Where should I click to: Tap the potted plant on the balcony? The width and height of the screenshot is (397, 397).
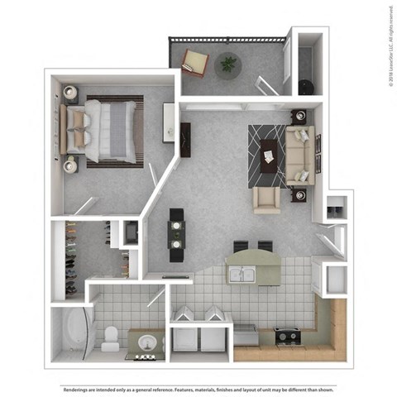pos(227,64)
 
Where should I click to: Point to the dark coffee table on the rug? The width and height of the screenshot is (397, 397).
pos(269,154)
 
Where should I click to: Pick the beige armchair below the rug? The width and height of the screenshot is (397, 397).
pos(267,199)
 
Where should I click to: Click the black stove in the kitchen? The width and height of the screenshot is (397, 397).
pos(288,335)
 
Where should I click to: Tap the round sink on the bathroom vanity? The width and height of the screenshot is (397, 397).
pos(146,342)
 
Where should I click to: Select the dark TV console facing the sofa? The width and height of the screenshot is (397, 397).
pos(185,140)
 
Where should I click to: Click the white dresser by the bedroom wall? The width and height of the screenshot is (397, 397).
pos(169,122)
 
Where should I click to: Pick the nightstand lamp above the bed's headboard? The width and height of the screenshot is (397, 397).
pos(69,93)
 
